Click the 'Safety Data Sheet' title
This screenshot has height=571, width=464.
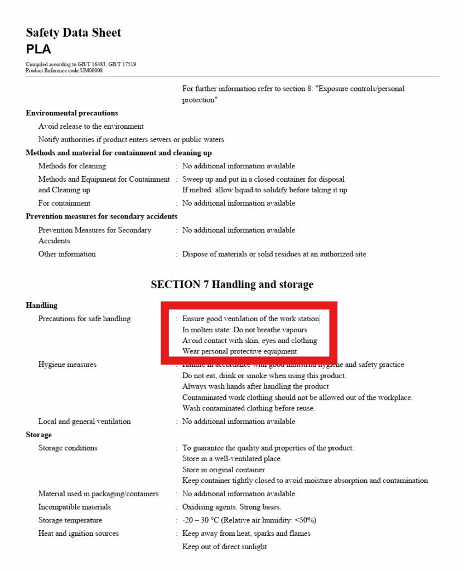coord(73,33)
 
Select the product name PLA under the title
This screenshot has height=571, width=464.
coord(38,49)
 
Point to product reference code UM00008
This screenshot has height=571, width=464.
coord(91,70)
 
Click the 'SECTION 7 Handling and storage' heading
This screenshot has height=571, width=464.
coord(232,284)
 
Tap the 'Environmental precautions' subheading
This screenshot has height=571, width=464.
coord(72,113)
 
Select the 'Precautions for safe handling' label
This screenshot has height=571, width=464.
coord(84,319)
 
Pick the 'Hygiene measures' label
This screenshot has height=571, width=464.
coord(67,365)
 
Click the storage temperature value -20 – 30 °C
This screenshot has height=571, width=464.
coord(249,520)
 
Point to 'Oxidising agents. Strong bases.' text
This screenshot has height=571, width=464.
coord(231,507)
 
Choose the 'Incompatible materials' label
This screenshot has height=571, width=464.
coord(74,507)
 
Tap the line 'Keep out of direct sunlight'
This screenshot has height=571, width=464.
coord(224,546)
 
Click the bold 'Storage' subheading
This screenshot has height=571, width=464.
coord(38,435)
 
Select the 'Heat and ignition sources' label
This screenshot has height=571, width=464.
coord(78,534)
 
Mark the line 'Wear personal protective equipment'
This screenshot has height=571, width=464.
coord(239,351)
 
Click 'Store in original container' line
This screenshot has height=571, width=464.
coord(224,470)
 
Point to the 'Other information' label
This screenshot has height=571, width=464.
coord(67,254)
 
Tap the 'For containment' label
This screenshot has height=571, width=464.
coord(64,204)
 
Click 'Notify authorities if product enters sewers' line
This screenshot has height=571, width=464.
coord(131,139)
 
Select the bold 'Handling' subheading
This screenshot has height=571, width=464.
coord(41,306)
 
